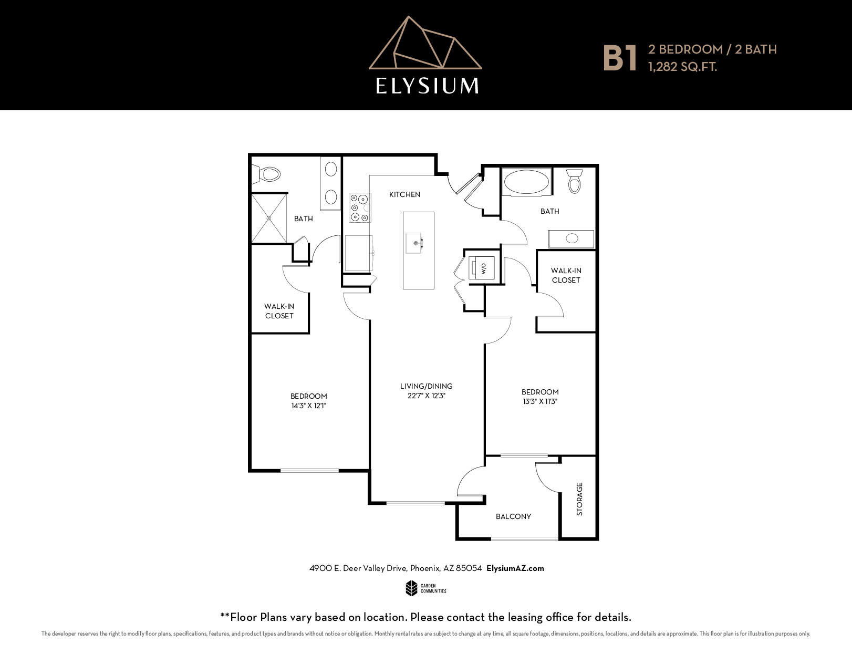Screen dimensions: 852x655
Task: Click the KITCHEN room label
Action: click(x=404, y=194)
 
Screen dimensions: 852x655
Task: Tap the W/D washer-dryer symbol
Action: click(x=481, y=268)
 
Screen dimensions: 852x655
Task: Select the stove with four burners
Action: click(x=359, y=208)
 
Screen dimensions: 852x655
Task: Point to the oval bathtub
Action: click(x=526, y=182)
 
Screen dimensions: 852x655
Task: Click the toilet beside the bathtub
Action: click(x=575, y=181)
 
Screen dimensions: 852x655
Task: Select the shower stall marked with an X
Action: click(x=269, y=218)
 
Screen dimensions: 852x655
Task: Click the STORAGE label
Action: click(x=579, y=499)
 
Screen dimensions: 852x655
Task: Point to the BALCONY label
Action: click(x=513, y=517)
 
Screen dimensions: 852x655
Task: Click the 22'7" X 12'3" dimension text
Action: click(x=426, y=396)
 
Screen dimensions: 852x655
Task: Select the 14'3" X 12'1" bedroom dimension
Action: click(x=308, y=406)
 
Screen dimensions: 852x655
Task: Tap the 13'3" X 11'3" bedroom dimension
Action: click(x=540, y=401)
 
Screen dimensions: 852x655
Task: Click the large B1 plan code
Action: click(x=619, y=58)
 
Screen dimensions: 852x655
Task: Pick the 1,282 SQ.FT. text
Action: click(x=682, y=67)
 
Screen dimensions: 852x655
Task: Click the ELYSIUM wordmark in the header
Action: click(x=427, y=86)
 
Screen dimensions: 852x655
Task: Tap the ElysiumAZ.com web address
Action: click(x=515, y=568)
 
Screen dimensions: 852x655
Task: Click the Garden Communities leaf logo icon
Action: click(x=411, y=588)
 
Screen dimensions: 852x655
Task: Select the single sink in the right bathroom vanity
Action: click(x=572, y=238)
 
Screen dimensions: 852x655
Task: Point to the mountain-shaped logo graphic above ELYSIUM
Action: click(x=425, y=43)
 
